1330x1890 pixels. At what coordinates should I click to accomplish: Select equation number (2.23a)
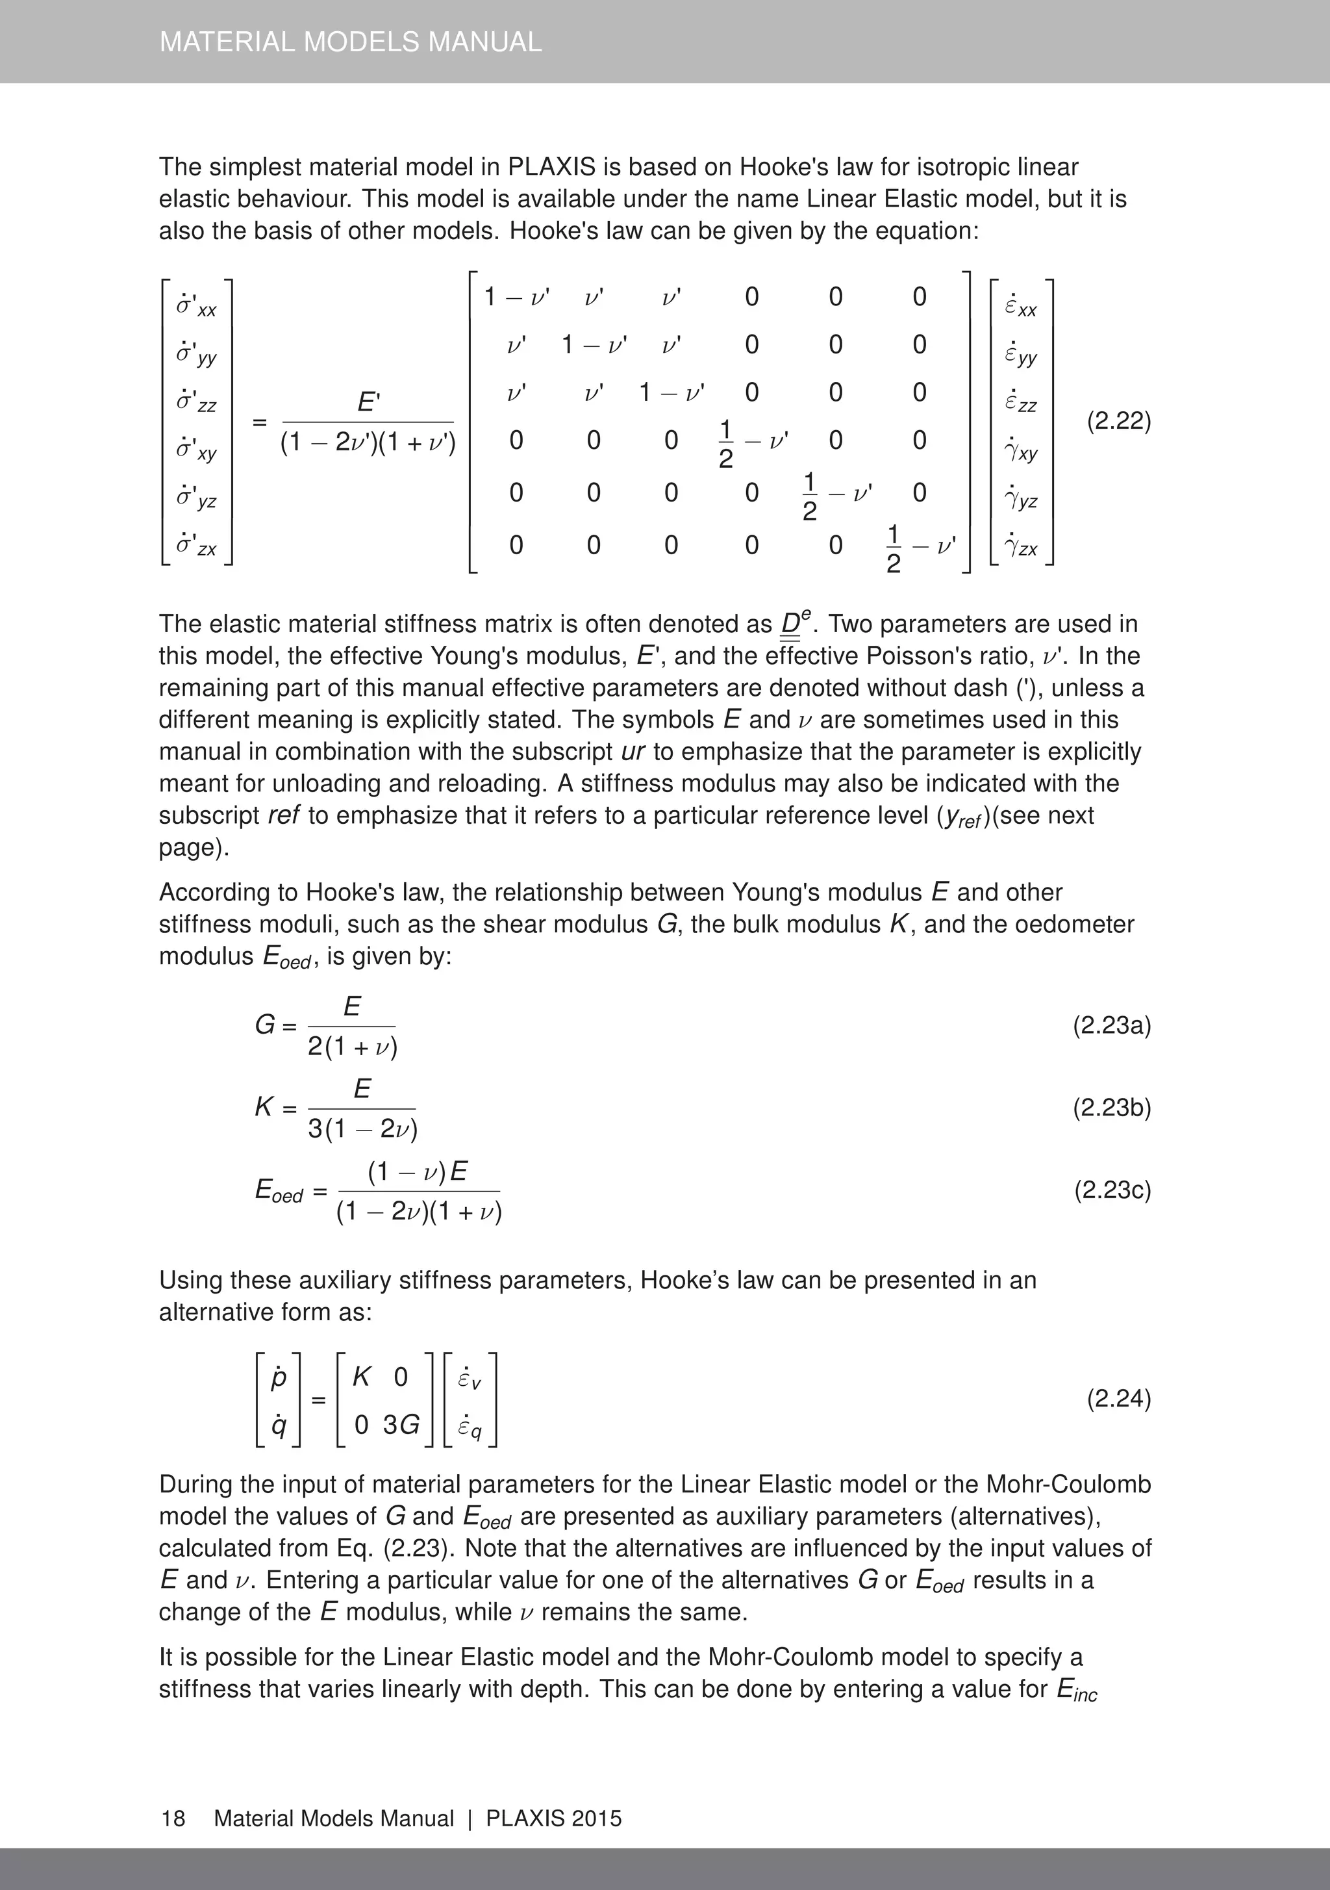pos(1111,1026)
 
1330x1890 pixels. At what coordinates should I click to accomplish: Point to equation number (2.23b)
pos(1111,1108)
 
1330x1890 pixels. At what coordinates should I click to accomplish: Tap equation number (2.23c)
pos(1112,1190)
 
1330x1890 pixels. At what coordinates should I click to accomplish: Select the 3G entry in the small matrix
pos(401,1424)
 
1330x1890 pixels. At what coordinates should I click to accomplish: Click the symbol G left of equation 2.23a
pos(265,1026)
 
